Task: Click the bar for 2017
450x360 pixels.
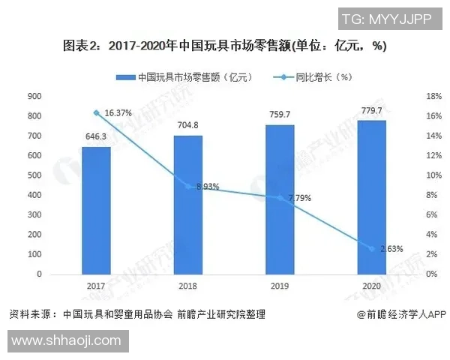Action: tap(96, 211)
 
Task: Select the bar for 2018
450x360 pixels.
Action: tap(187, 205)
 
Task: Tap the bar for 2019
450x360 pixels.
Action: tap(280, 199)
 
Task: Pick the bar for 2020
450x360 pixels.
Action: tap(371, 197)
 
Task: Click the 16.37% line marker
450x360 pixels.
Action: tap(96, 112)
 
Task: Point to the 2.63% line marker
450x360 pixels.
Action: tap(371, 248)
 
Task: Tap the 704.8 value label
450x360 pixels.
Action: tap(187, 126)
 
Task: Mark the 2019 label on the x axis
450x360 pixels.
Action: tap(280, 286)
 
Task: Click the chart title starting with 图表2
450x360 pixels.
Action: tap(225, 46)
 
